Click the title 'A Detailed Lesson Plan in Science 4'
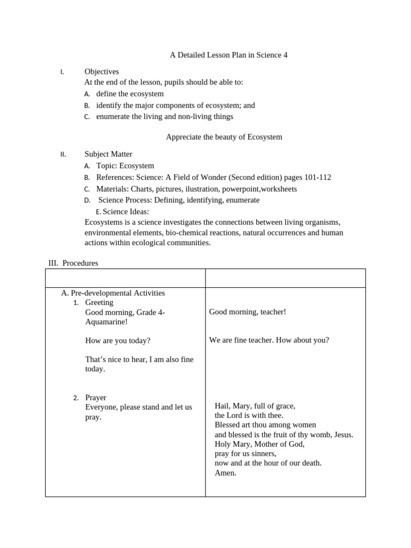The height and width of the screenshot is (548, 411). coord(229,55)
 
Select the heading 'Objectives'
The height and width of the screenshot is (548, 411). coord(102,71)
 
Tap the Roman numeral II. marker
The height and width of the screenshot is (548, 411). coord(63,155)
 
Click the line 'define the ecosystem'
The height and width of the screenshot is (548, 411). coord(130,94)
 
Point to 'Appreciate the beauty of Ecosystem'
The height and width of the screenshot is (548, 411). coord(224,137)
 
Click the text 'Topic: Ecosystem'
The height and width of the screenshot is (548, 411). coord(125,166)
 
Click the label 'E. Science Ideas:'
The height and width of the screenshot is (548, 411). coord(122,211)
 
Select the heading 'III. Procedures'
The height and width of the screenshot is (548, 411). coord(73,263)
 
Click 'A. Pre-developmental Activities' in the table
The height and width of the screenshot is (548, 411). coord(113,293)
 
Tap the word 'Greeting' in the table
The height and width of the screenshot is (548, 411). coord(99,302)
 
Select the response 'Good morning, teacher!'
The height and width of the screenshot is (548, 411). coord(247,312)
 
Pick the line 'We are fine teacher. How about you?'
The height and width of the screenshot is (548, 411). coord(269,340)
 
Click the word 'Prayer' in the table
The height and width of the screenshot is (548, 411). coord(96,398)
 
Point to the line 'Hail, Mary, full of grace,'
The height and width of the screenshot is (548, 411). coord(255,406)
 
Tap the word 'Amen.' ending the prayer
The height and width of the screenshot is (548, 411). coord(225,473)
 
